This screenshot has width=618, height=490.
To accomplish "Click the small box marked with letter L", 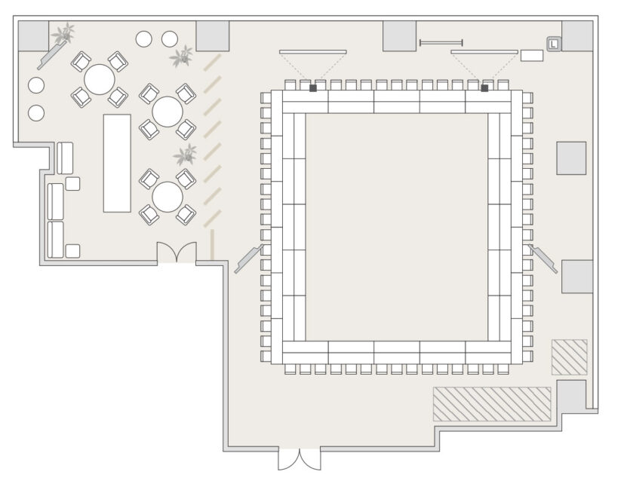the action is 553,44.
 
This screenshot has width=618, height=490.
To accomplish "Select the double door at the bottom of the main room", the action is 300,458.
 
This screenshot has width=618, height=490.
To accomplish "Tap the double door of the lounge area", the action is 177,253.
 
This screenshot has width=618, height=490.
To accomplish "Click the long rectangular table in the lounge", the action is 117,164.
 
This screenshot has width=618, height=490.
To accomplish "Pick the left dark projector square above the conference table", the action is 313,88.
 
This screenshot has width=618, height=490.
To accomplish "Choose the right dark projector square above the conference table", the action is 484,88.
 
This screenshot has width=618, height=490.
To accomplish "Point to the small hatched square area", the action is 569,357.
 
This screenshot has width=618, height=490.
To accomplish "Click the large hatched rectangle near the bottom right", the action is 492,405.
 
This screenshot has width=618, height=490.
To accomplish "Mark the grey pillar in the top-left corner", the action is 33,36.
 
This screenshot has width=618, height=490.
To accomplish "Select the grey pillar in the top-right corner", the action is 577,36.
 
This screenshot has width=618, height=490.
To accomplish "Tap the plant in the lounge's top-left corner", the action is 64,33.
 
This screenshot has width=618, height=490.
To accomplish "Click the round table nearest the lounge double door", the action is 168,197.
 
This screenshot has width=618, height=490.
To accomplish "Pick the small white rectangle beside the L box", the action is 532,56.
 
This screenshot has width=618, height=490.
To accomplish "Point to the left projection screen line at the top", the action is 313,52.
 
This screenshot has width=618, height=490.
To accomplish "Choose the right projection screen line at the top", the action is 484,52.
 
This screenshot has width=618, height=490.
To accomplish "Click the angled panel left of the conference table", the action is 249,259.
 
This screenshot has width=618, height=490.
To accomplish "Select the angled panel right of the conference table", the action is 543,259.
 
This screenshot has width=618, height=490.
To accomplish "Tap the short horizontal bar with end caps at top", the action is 441,43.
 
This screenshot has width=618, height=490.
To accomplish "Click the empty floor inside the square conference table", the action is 396,227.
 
